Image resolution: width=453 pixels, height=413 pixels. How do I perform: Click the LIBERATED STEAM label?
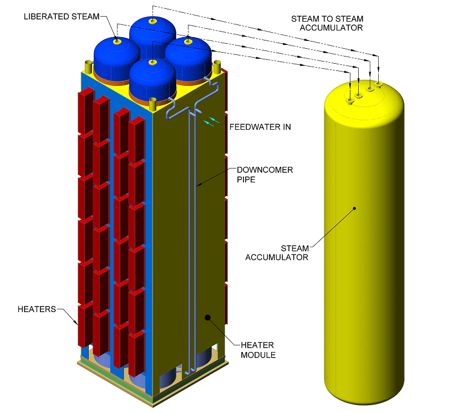(x=61, y=16)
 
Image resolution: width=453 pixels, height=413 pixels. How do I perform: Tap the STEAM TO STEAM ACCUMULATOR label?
(x=327, y=23)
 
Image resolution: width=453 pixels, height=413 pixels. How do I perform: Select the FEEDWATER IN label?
(x=260, y=127)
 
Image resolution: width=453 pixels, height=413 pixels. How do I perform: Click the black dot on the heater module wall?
(x=208, y=318)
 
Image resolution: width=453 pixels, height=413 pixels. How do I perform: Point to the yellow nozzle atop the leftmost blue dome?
(x=117, y=42)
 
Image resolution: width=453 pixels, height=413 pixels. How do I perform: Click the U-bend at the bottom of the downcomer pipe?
(x=190, y=371)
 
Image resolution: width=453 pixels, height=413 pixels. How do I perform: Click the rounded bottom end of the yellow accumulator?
(x=363, y=396)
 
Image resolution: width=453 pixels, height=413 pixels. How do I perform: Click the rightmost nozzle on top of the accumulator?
(x=379, y=84)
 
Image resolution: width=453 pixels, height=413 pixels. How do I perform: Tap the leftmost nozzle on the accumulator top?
(x=349, y=100)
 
